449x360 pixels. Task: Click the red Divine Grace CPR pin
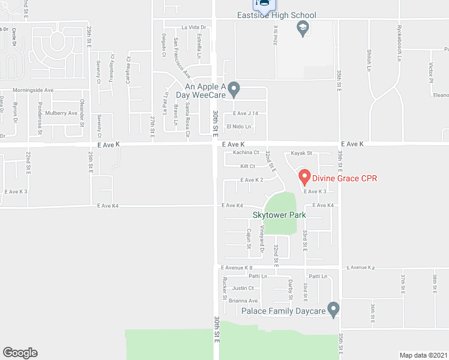(x=304, y=177)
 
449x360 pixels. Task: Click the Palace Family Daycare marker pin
(x=334, y=310)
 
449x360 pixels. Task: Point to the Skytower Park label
(x=279, y=215)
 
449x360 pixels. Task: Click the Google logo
(x=20, y=353)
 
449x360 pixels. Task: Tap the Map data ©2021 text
(x=423, y=355)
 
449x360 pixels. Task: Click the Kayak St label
(x=301, y=154)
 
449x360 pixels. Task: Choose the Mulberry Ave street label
(x=61, y=113)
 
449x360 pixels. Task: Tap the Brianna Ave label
(x=243, y=301)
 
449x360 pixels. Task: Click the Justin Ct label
(x=243, y=288)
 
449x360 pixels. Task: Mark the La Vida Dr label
(x=193, y=27)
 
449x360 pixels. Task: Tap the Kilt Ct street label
(x=247, y=166)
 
